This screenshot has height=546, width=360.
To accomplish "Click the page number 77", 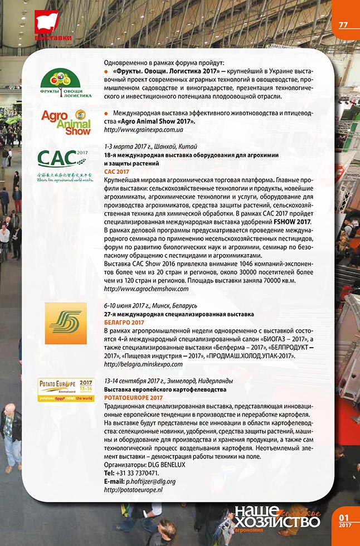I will [343, 25].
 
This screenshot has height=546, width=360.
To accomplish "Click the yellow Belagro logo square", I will [65, 323].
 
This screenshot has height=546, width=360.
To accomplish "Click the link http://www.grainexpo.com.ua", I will [140, 129].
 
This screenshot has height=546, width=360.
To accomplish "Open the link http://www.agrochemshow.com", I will [147, 290].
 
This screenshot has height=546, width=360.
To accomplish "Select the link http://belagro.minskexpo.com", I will [143, 364].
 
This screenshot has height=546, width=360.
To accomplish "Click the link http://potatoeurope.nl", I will [133, 489].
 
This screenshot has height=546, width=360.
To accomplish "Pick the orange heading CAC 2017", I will [116, 173].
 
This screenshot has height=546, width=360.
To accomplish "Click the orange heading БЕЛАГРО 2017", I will [124, 323].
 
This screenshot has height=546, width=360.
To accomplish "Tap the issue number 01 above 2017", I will [344, 517].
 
